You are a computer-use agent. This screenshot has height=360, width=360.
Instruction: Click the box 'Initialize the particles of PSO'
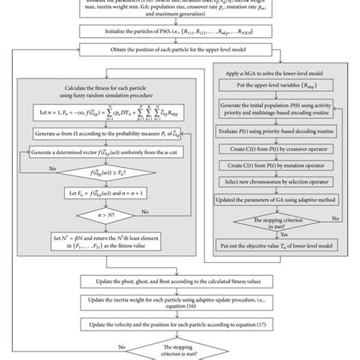pos(180,33)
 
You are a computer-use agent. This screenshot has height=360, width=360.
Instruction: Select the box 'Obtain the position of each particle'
pos(180,51)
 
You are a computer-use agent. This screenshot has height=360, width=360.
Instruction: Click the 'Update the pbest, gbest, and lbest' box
pos(180,282)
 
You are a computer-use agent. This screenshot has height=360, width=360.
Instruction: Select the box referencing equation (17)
pos(180,325)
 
